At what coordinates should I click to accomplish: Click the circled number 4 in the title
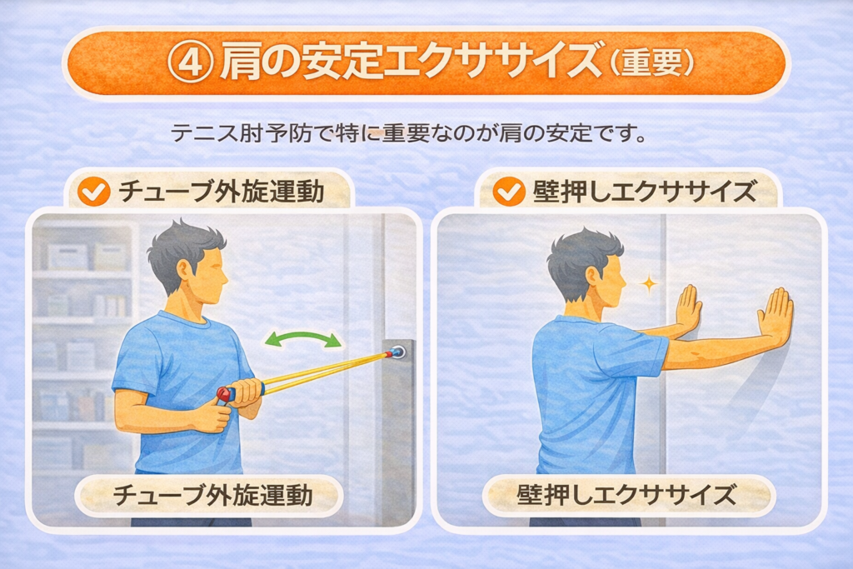[x=191, y=62]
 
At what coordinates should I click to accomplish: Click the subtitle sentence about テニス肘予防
[x=409, y=132]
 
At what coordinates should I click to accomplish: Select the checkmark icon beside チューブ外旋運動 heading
[x=94, y=192]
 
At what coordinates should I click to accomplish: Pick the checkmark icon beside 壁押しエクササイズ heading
[x=509, y=192]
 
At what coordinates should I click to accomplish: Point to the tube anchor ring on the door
[x=397, y=352]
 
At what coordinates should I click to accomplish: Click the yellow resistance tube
[x=325, y=372]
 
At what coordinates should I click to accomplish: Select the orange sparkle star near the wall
[x=649, y=283]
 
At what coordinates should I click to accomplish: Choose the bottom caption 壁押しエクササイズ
[x=626, y=495]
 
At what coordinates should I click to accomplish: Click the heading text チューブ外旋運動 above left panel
[x=222, y=192]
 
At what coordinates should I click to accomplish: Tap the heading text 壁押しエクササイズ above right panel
[x=645, y=192]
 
